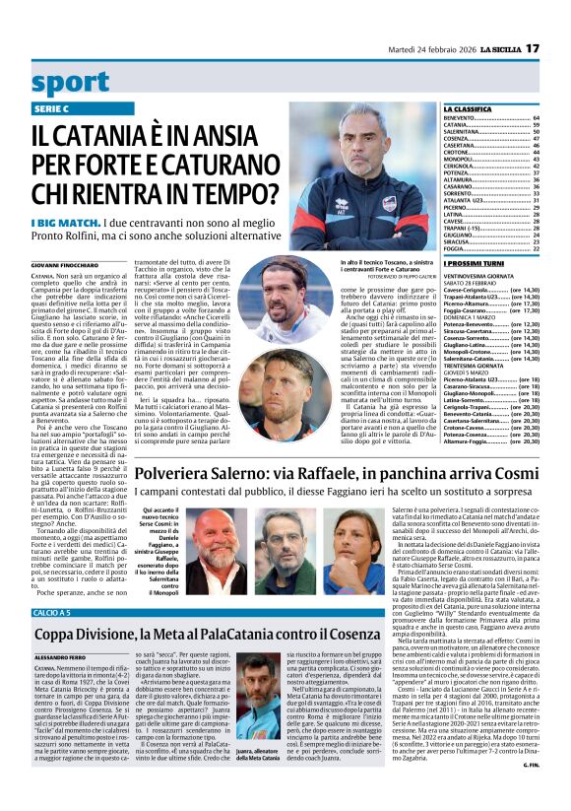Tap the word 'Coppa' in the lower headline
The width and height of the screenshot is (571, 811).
[x=62, y=637]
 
